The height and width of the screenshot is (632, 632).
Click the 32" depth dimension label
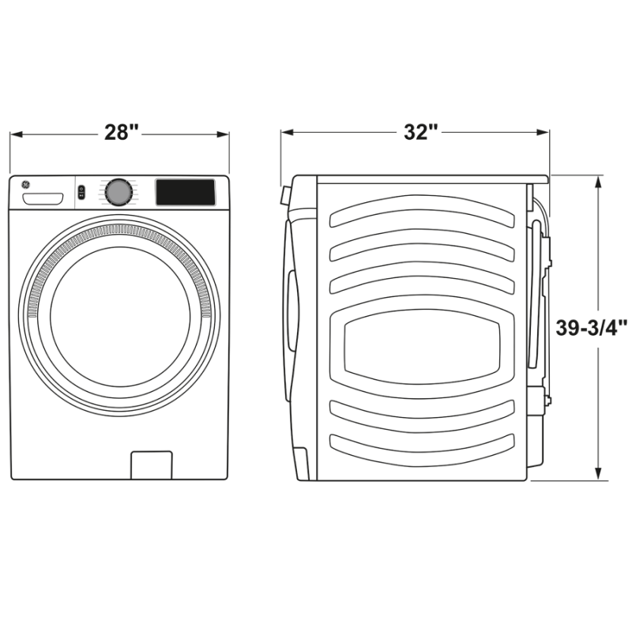pyautogui.click(x=420, y=133)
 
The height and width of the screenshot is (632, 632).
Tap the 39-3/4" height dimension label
pyautogui.click(x=591, y=328)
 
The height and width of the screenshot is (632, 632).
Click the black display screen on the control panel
pyautogui.click(x=185, y=192)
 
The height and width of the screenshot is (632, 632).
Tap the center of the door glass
pyautogui.click(x=120, y=316)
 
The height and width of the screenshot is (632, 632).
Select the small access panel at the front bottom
pyautogui.click(x=151, y=465)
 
